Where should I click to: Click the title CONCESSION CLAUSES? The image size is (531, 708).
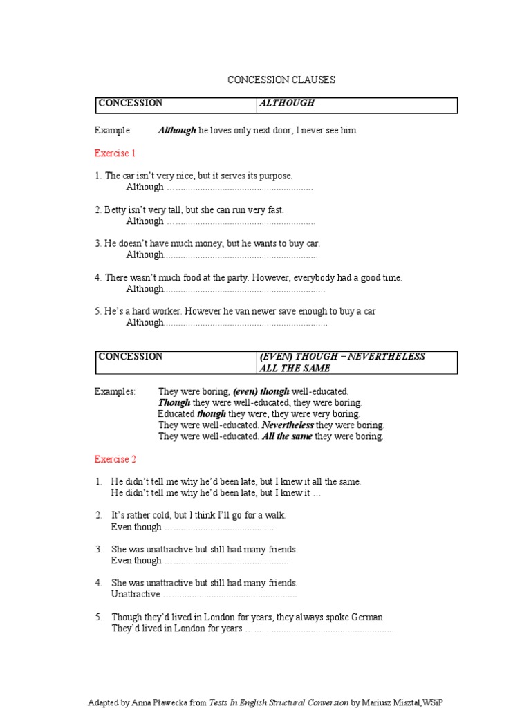[281, 80]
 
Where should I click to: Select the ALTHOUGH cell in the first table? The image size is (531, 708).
[286, 103]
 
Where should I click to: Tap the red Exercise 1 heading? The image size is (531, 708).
[115, 153]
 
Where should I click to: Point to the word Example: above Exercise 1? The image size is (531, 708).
[113, 130]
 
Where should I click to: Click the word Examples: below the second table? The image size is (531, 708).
[115, 391]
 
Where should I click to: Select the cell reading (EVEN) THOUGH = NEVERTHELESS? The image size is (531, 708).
[342, 357]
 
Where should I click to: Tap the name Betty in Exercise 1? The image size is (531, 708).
[116, 210]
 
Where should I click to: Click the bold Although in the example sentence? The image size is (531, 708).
[177, 130]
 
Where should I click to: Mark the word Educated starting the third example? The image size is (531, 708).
[177, 414]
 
